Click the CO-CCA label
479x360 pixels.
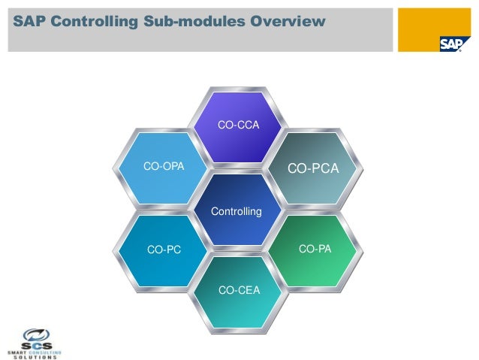pyautogui.click(x=238, y=124)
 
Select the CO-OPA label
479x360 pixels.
pyautogui.click(x=164, y=165)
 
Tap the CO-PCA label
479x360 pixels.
pyautogui.click(x=314, y=169)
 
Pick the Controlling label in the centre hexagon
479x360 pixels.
pyautogui.click(x=236, y=212)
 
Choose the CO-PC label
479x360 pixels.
pyautogui.click(x=164, y=250)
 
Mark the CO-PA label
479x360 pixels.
pyautogui.click(x=315, y=248)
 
